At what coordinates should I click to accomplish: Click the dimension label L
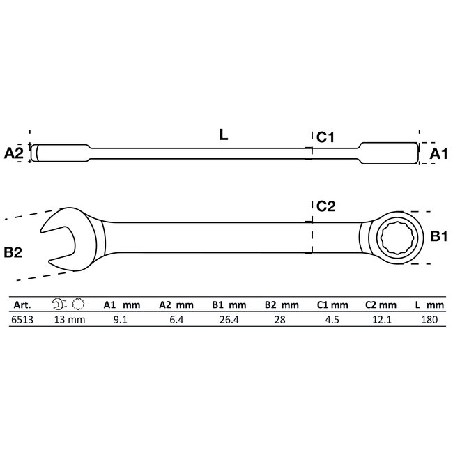(223, 136)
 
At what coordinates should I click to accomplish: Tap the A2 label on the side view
(14, 153)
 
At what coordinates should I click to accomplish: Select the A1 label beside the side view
(438, 153)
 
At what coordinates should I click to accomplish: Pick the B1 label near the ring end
(438, 237)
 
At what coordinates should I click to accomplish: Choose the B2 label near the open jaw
(14, 253)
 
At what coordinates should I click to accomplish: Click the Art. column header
(22, 305)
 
